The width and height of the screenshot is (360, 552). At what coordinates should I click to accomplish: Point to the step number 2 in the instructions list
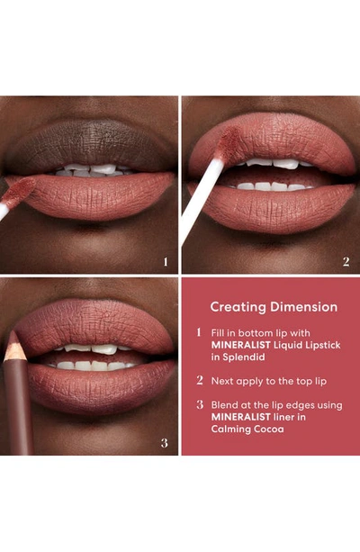point(199,381)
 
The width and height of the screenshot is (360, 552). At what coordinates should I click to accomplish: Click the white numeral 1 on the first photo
point(165,262)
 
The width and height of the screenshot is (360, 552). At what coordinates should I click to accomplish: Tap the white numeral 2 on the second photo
point(346,262)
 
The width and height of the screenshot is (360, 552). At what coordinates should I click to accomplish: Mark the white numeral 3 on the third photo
point(165,442)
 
